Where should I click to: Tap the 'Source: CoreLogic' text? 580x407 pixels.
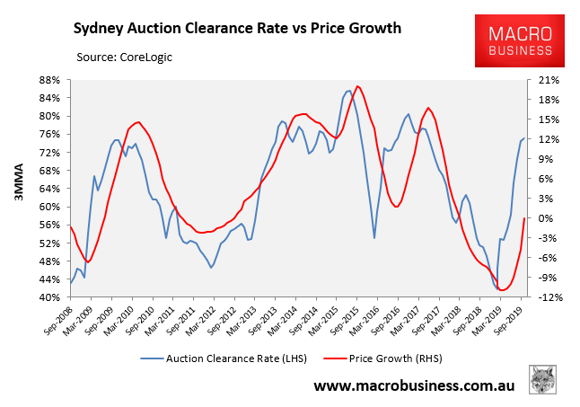[x=125, y=58]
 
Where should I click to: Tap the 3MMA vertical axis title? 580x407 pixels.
[x=19, y=189]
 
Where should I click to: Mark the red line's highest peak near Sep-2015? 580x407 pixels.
[x=358, y=86]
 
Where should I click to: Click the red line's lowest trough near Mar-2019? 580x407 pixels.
[x=501, y=290]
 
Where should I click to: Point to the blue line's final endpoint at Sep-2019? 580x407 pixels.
[x=524, y=138]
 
